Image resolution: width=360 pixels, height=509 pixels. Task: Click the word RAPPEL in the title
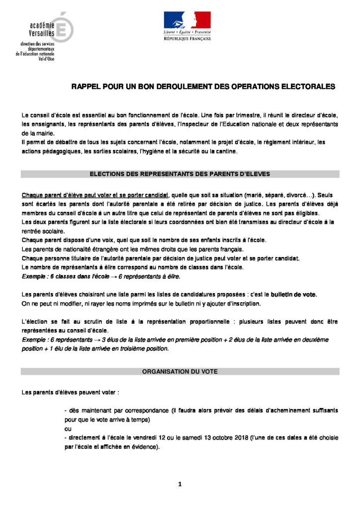pos(86,86)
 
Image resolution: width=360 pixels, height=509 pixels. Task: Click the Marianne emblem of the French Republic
pos(187,21)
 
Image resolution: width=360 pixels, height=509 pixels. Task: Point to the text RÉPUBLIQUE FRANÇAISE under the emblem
pos(187,38)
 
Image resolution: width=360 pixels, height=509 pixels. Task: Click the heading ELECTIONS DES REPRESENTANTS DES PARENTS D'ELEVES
pos(180,174)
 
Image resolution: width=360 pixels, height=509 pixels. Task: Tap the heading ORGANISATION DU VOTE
pos(180,371)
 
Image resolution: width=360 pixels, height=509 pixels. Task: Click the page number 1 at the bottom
pos(180,484)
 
